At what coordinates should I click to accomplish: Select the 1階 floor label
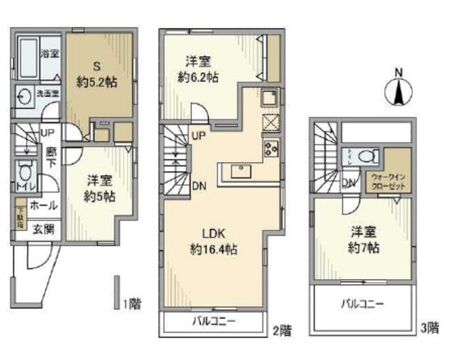(x=132, y=304)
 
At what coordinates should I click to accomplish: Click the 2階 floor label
(x=280, y=329)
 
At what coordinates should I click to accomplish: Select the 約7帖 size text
(x=365, y=248)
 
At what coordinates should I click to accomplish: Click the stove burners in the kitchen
(x=271, y=148)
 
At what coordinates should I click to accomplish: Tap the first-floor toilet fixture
(x=25, y=171)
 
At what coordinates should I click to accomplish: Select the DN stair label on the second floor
(x=200, y=186)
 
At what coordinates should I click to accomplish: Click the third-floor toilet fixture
(x=364, y=156)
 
